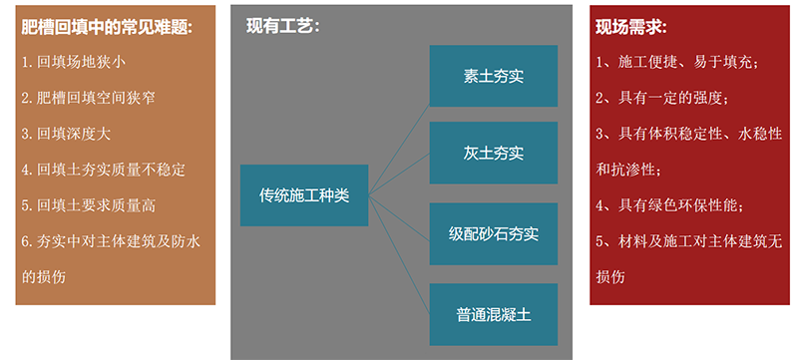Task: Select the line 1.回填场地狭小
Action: pos(74,62)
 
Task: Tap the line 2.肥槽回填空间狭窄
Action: pos(88,98)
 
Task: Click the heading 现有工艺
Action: pos(282,26)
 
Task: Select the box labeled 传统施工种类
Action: pos(304,194)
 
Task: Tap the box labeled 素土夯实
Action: pos(493,76)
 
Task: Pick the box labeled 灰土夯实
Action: pos(493,154)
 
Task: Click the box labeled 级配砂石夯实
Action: pos(493,234)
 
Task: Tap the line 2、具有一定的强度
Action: pos(662,98)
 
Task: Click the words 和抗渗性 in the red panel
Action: pos(624,170)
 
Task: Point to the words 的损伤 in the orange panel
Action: pos(43,276)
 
